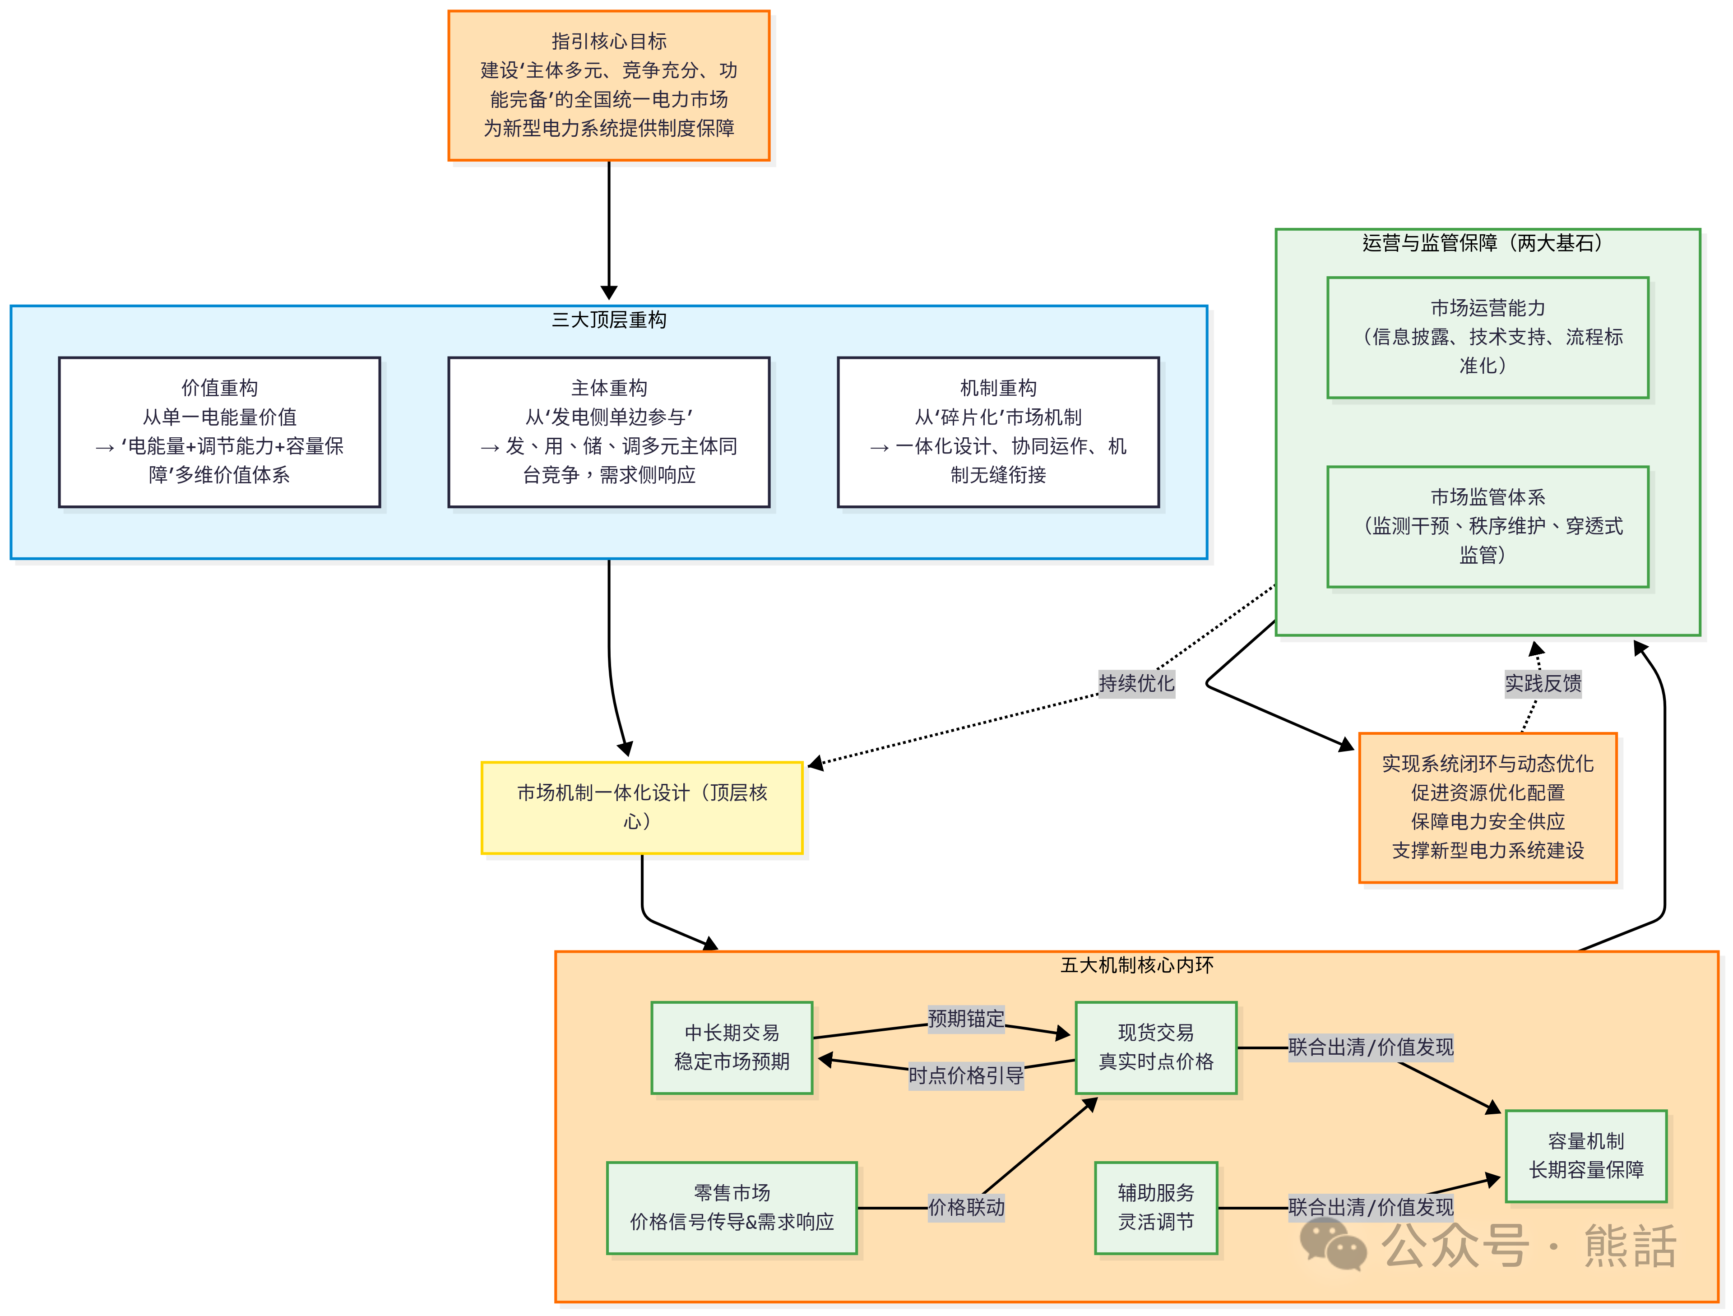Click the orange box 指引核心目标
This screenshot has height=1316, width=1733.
pos(609,85)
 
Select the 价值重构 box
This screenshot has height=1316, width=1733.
pos(219,431)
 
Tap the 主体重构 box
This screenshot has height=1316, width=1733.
pos(609,431)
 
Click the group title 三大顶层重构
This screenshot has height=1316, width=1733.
pos(609,320)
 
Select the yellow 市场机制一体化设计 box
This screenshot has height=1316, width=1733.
pos(642,807)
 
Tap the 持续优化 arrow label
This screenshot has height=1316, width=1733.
pos(1136,683)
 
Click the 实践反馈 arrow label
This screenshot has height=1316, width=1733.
pos(1543,683)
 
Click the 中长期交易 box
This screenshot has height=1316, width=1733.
pos(732,1047)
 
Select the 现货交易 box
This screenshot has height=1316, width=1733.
pos(1156,1047)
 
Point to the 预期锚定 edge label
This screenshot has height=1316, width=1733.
pos(965,1018)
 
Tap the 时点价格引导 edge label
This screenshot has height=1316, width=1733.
pos(965,1075)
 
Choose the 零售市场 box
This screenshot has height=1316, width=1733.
pos(732,1207)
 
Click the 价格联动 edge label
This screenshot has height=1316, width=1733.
pos(965,1207)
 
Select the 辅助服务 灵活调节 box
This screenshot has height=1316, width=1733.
pos(1156,1207)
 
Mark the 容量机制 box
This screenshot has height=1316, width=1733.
pos(1586,1155)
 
